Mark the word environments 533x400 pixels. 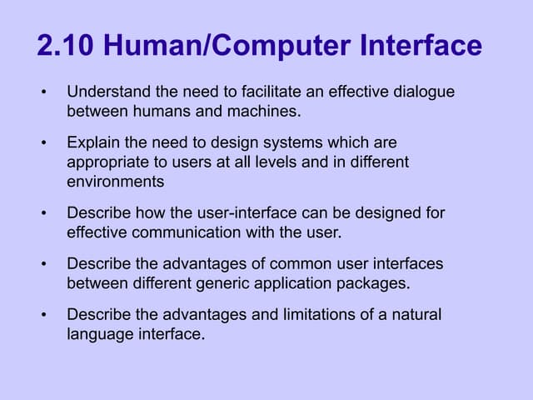[115, 179]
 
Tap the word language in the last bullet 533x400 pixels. [98, 334]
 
